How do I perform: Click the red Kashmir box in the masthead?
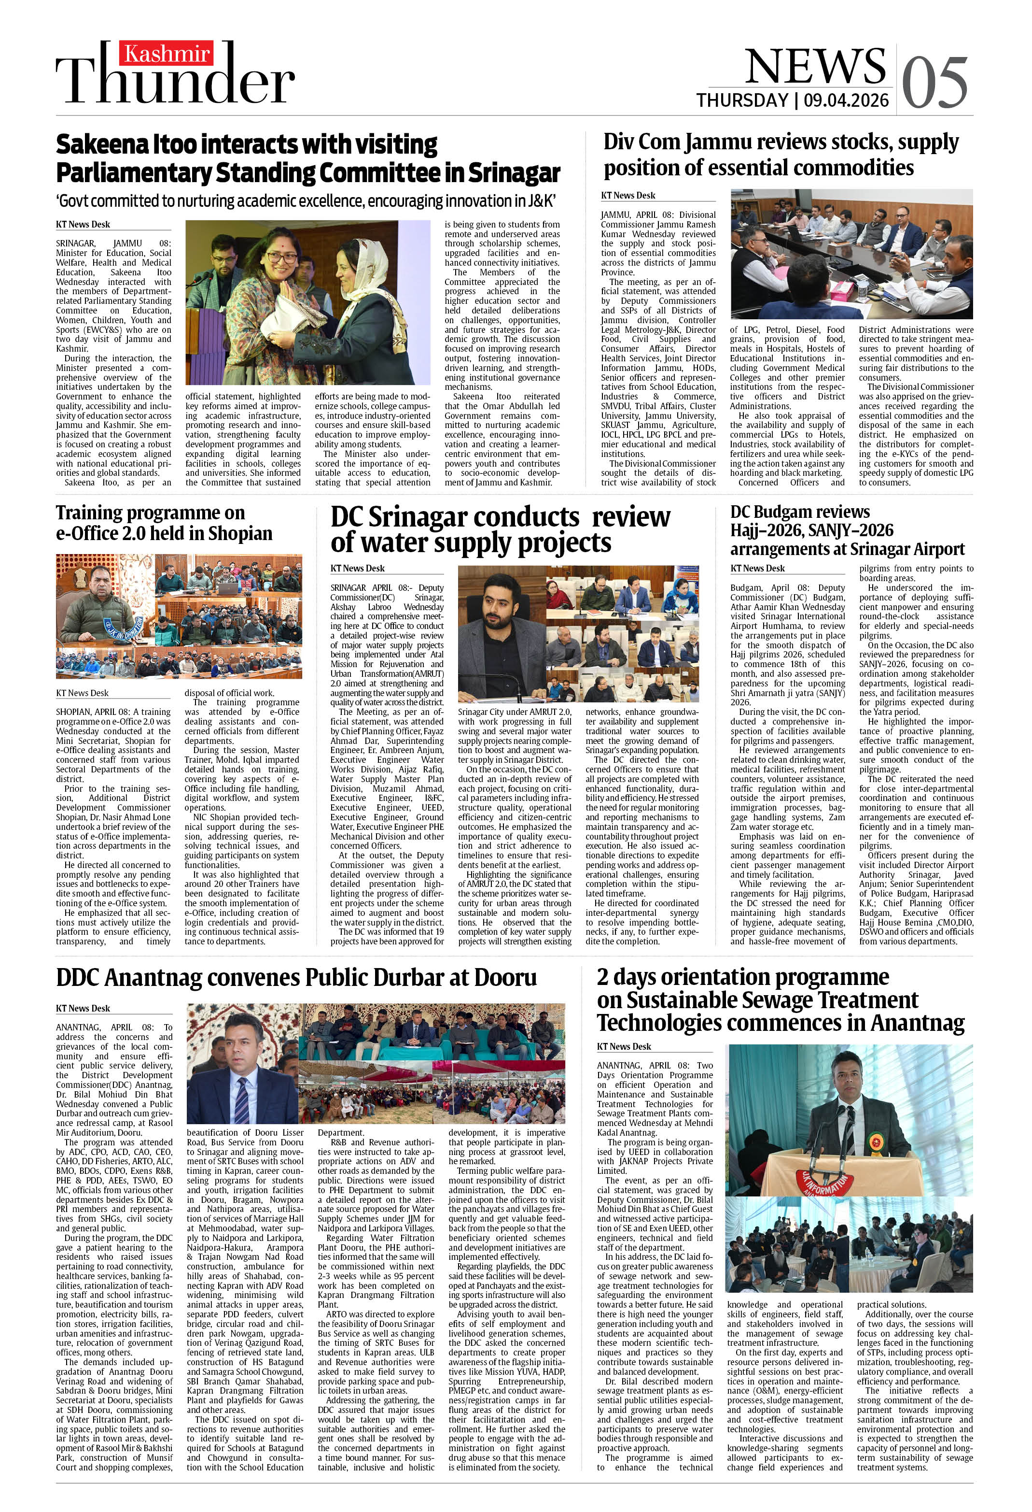(167, 53)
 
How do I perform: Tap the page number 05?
(935, 82)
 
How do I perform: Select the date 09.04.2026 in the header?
(846, 100)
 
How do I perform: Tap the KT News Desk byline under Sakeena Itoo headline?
(83, 225)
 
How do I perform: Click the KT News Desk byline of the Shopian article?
(82, 693)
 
